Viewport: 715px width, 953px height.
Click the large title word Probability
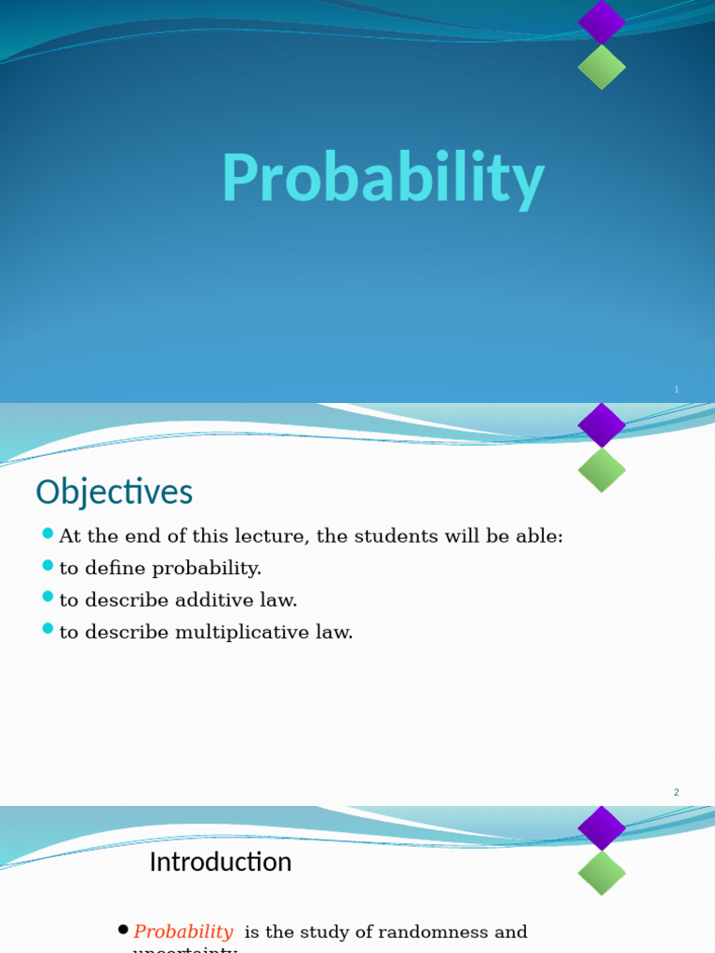[383, 179]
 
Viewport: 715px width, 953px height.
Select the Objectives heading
[114, 491]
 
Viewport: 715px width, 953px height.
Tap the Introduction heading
[221, 862]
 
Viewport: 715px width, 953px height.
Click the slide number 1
[677, 389]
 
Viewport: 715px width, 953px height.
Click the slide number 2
[677, 792]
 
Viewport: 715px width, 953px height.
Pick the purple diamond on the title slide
[601, 21]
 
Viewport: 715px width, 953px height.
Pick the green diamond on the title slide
[601, 67]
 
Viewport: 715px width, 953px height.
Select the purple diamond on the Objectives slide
[601, 425]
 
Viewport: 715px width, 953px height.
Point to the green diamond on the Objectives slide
[601, 470]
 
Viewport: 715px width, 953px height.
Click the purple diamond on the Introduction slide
[601, 828]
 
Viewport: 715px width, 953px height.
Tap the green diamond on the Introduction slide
[601, 873]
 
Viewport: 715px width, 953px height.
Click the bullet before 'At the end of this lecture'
[48, 534]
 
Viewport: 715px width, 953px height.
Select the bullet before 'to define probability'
[48, 566]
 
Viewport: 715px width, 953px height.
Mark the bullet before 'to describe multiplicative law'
[48, 630]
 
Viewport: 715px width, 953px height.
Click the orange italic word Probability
[183, 932]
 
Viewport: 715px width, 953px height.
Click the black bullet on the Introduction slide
[123, 930]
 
